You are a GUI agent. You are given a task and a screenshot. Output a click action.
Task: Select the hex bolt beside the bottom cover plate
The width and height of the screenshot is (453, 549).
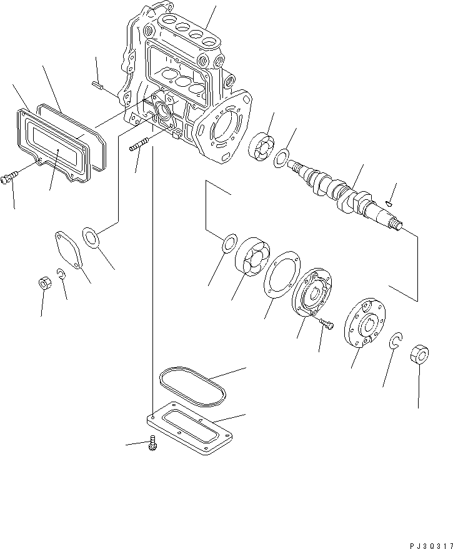tap(152, 443)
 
